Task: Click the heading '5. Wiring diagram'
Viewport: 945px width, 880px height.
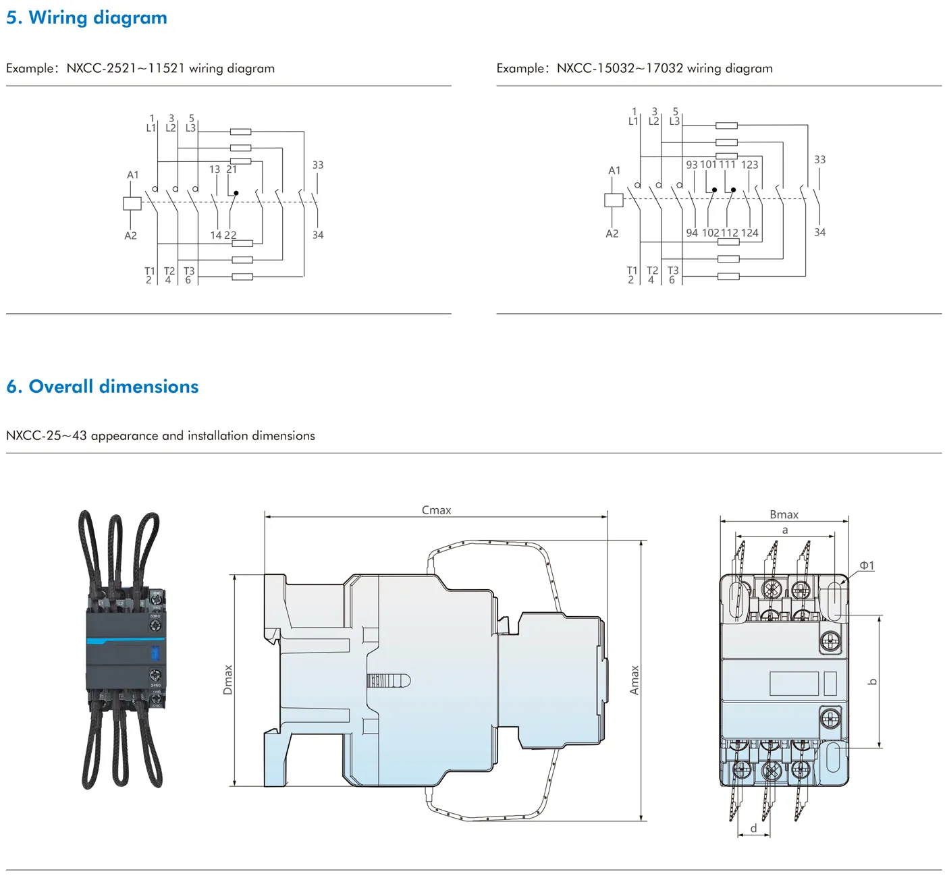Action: (x=86, y=18)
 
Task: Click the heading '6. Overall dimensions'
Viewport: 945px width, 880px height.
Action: (x=103, y=387)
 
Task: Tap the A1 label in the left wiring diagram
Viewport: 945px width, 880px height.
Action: (x=133, y=175)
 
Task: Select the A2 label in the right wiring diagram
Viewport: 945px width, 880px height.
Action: (x=612, y=233)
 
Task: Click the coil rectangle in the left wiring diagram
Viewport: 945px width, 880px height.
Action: (x=132, y=203)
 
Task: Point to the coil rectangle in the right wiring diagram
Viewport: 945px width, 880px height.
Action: (x=614, y=200)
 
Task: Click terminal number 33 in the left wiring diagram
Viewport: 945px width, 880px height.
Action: (x=318, y=165)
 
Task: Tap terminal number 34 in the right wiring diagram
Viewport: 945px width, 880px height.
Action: (x=819, y=232)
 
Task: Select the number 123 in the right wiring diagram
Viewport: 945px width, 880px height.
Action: (x=750, y=165)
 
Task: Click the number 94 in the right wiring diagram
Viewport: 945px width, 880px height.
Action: (x=692, y=233)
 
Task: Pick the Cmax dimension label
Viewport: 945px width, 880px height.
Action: (x=436, y=510)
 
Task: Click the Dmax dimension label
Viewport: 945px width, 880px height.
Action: (x=228, y=680)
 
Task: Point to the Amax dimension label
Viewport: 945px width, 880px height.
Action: (x=634, y=680)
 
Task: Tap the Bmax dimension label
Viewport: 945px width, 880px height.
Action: (x=784, y=514)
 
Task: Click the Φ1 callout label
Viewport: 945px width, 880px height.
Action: (x=867, y=566)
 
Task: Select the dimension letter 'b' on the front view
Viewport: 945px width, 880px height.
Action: (x=872, y=682)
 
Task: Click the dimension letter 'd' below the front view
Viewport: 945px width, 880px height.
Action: (x=753, y=828)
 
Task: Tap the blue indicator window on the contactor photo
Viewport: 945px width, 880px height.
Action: (x=155, y=653)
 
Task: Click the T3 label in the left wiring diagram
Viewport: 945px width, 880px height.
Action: (x=189, y=271)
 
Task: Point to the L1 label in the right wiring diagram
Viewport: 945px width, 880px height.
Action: (x=633, y=121)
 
